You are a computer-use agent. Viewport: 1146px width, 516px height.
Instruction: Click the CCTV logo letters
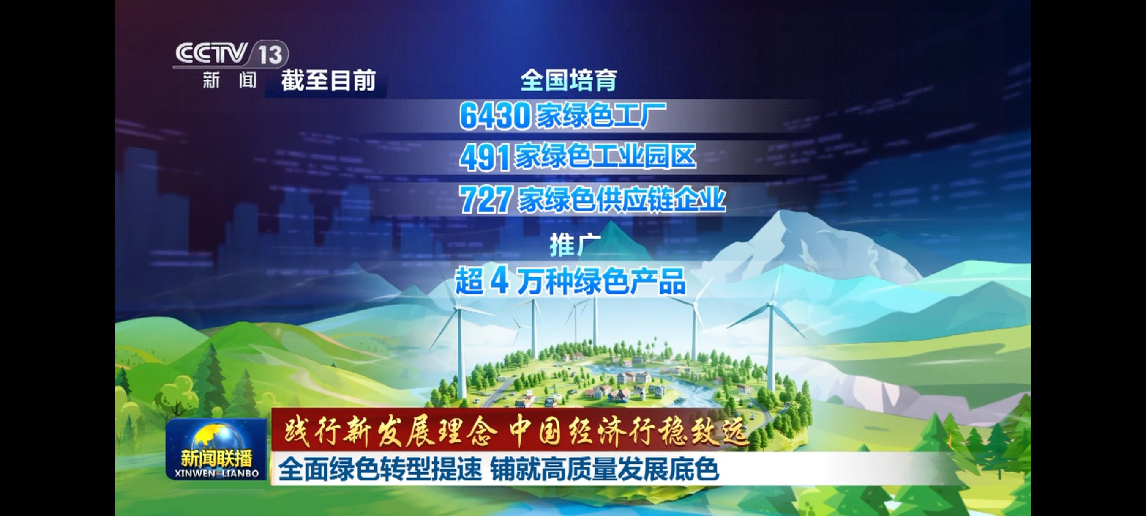(x=211, y=53)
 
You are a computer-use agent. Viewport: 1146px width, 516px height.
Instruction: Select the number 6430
(x=495, y=116)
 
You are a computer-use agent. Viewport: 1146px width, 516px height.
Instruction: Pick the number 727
(x=485, y=200)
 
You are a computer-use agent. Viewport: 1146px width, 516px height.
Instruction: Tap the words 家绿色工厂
(x=600, y=115)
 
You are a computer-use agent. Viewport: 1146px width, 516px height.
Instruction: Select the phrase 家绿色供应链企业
(x=622, y=199)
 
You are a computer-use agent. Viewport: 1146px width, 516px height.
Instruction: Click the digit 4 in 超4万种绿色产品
(x=499, y=281)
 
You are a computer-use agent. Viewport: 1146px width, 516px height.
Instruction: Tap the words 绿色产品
(x=630, y=281)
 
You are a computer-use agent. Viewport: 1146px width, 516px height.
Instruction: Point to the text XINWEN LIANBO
(x=217, y=473)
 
